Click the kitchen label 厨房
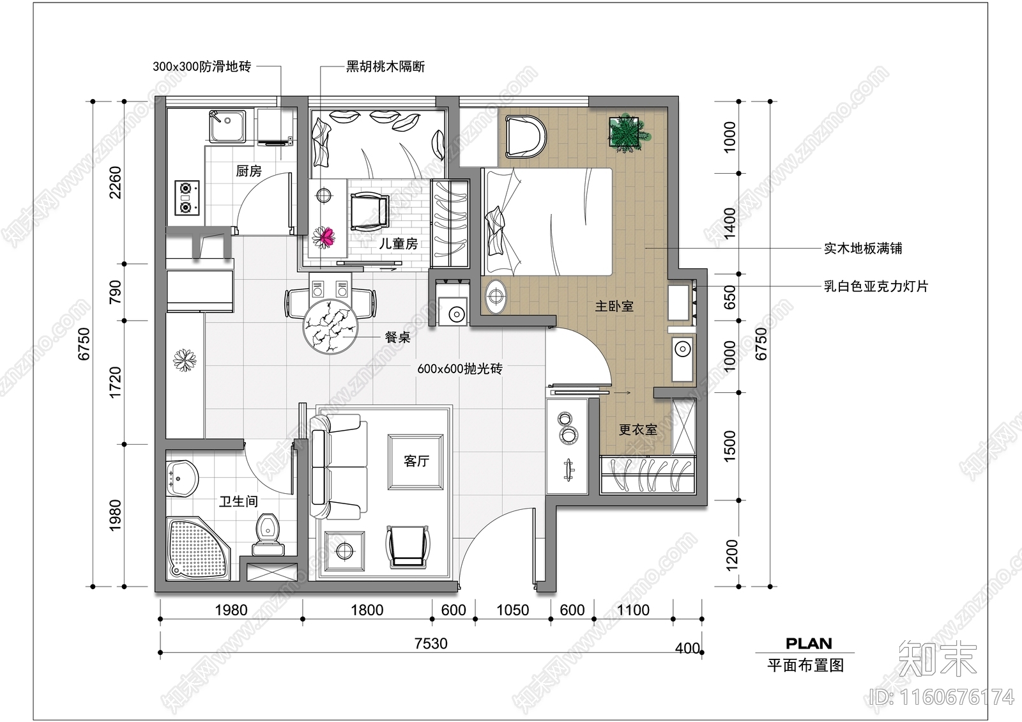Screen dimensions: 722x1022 click(248, 171)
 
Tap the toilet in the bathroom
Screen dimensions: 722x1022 click(268, 535)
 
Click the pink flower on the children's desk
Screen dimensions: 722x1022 click(326, 237)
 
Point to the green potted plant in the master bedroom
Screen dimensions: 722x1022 click(627, 133)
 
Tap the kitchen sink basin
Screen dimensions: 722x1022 click(228, 126)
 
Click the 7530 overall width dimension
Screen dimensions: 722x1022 click(431, 643)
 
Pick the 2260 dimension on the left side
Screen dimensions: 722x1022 click(116, 182)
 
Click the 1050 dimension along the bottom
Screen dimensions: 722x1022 click(512, 610)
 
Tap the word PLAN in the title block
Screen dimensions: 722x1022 click(808, 643)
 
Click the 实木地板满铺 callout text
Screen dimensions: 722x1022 click(862, 249)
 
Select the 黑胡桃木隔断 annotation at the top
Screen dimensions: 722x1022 click(385, 66)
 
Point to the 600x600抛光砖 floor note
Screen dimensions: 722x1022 click(459, 369)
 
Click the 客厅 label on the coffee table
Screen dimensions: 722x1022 click(416, 461)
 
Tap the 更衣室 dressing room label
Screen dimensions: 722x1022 click(637, 430)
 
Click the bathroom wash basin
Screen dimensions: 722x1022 click(183, 477)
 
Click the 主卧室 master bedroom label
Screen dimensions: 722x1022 click(614, 307)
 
